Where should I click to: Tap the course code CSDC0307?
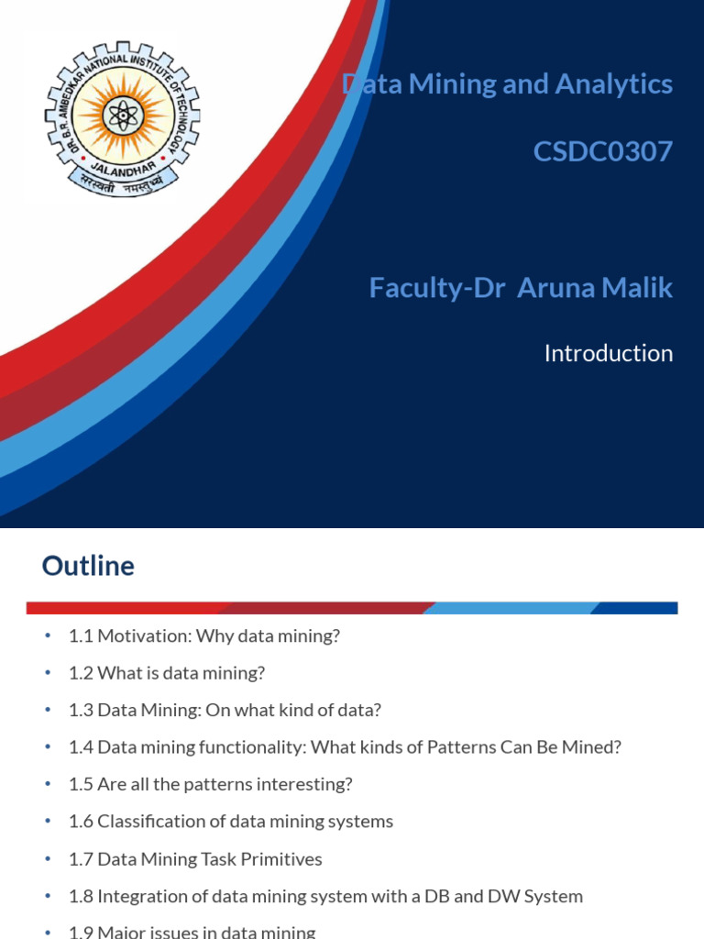coord(603,151)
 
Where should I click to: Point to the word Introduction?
coord(609,353)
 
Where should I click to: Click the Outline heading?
coord(88,566)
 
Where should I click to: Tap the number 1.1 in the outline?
coord(81,635)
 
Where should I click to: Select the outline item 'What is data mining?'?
coord(181,673)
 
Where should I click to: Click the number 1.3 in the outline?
coord(81,710)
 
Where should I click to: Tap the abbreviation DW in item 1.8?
coord(512,896)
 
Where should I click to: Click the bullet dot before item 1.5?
coord(49,785)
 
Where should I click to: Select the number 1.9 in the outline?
coord(81,932)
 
